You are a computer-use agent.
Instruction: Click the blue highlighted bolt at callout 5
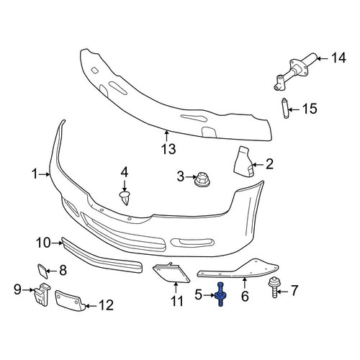pyautogui.click(x=220, y=294)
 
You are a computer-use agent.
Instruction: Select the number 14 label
pyautogui.click(x=338, y=58)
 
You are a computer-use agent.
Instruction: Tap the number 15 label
pyautogui.click(x=310, y=109)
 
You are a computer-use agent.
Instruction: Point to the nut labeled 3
pyautogui.click(x=202, y=179)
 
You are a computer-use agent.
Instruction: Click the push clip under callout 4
pyautogui.click(x=125, y=198)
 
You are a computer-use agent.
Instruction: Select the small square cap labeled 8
pyautogui.click(x=43, y=271)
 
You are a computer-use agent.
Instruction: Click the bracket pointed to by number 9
pyautogui.click(x=41, y=294)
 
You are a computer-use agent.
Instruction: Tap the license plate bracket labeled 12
pyautogui.click(x=70, y=301)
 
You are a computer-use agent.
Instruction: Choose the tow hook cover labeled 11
pyautogui.click(x=171, y=273)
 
